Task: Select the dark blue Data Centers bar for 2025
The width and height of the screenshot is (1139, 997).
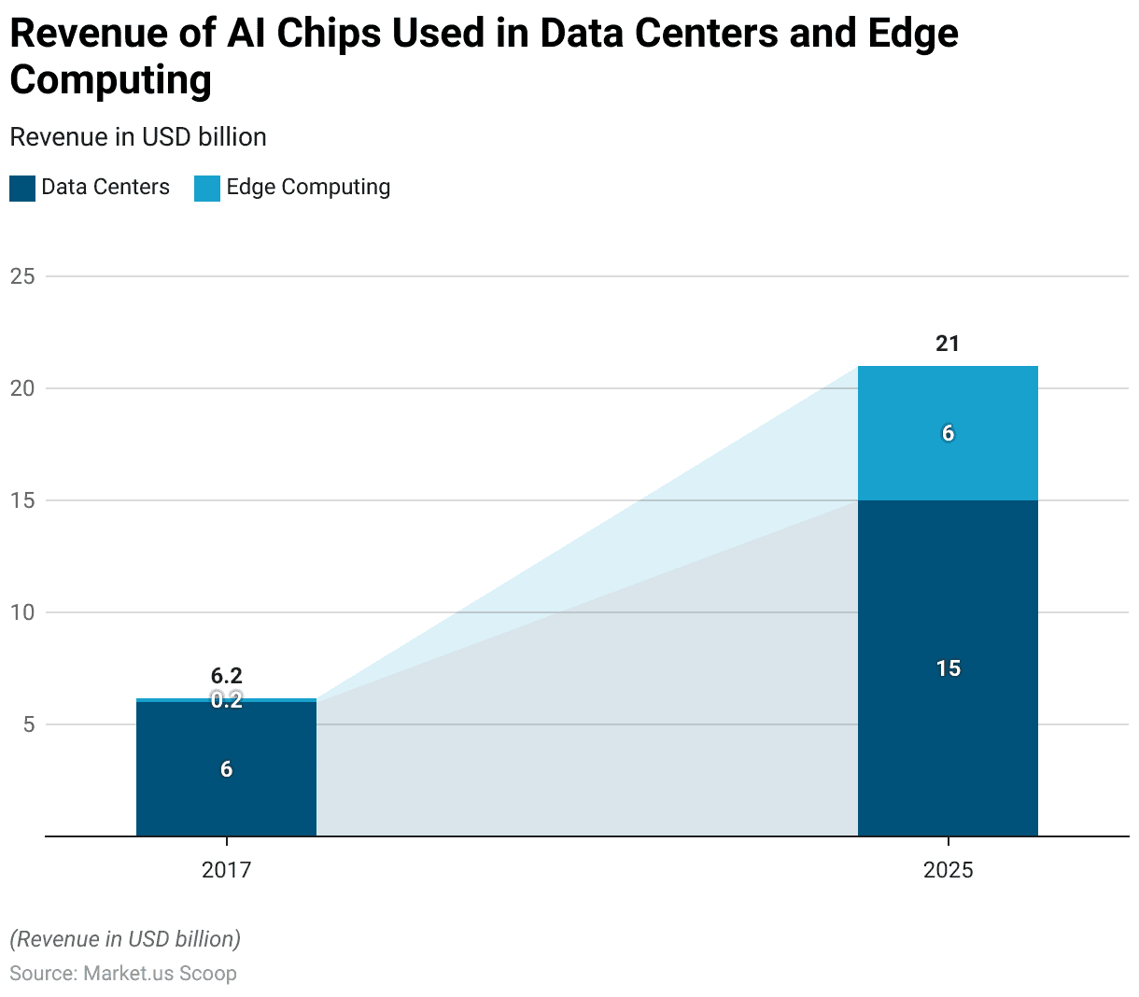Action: pyautogui.click(x=948, y=709)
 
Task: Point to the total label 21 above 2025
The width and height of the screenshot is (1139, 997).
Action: pyautogui.click(x=948, y=344)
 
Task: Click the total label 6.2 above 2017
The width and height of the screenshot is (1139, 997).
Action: pyautogui.click(x=227, y=676)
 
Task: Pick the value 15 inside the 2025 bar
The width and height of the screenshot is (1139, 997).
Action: pyautogui.click(x=948, y=668)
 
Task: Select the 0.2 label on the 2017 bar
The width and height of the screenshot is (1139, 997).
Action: pyautogui.click(x=227, y=700)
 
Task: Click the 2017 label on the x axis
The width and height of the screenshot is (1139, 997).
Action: pyautogui.click(x=227, y=870)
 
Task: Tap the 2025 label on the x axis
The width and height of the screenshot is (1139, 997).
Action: pyautogui.click(x=948, y=870)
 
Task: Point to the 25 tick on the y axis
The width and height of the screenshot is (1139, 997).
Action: pyautogui.click(x=22, y=276)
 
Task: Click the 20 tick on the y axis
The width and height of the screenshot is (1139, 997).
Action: pyautogui.click(x=22, y=388)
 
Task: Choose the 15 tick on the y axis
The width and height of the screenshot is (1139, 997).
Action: pyautogui.click(x=22, y=500)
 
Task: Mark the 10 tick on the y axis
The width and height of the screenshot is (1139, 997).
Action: pyautogui.click(x=22, y=612)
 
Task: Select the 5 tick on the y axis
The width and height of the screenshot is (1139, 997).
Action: pyautogui.click(x=28, y=724)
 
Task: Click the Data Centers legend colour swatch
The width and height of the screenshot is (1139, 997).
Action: pyautogui.click(x=22, y=189)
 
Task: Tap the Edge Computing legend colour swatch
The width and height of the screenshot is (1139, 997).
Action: pyautogui.click(x=207, y=189)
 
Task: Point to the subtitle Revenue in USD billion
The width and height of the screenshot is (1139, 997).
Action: pyautogui.click(x=138, y=137)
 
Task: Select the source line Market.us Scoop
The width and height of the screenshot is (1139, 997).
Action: pyautogui.click(x=123, y=973)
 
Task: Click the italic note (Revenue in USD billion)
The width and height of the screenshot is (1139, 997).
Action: pyautogui.click(x=125, y=939)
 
